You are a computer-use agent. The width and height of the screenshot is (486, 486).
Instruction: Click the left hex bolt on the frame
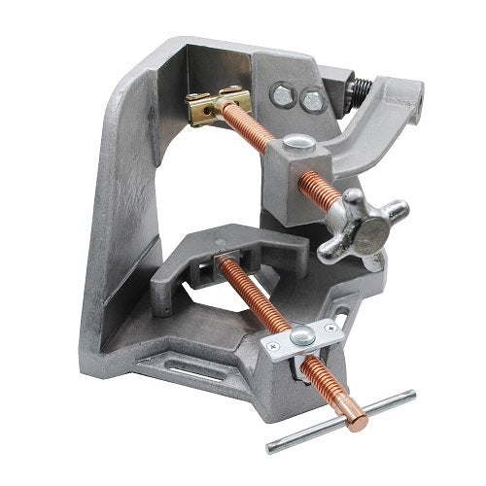[281, 94]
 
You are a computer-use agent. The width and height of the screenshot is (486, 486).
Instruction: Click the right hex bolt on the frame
[311, 101]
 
